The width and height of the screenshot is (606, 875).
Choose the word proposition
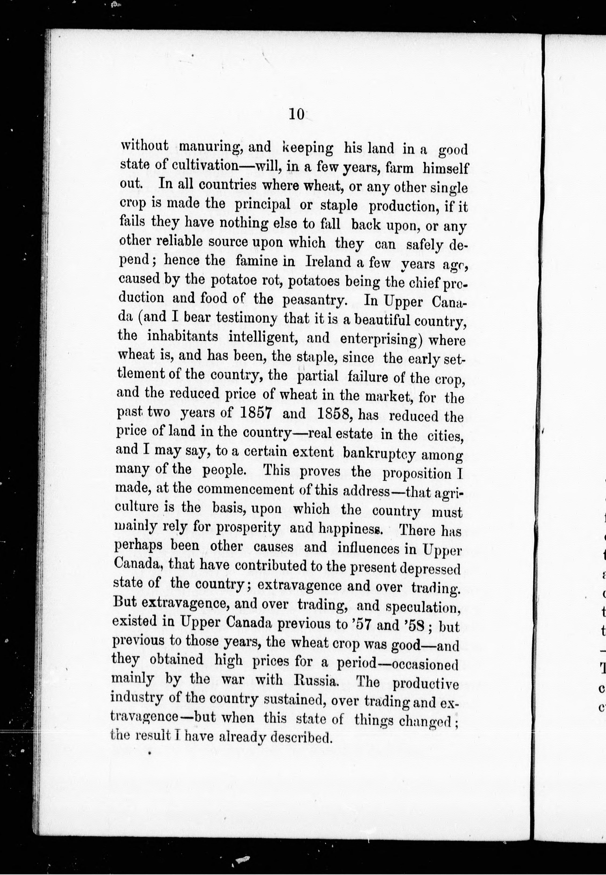click(x=416, y=473)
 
